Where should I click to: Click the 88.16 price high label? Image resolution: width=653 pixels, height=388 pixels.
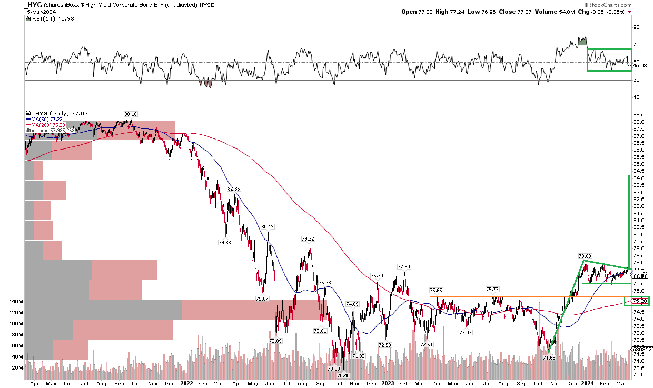point(131,113)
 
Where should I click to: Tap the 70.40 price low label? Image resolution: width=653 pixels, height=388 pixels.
point(343,375)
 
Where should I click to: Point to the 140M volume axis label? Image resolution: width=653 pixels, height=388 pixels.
point(15,302)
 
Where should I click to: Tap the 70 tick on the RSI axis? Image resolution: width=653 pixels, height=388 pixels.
point(636,45)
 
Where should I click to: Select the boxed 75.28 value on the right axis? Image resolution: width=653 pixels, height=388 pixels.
point(637,301)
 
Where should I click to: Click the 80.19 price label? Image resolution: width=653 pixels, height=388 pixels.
point(268,227)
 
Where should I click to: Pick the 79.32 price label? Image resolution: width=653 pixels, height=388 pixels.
point(308,238)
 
